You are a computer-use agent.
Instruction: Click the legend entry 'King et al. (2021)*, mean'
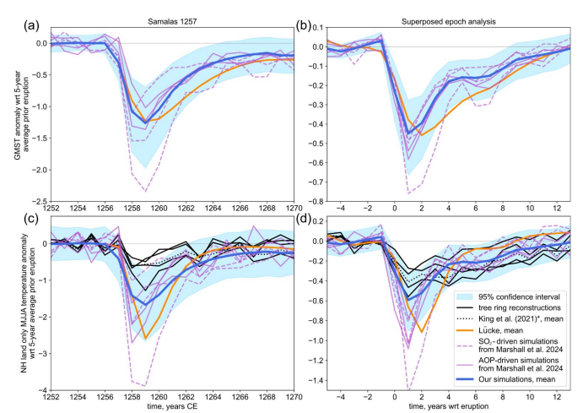505,319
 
